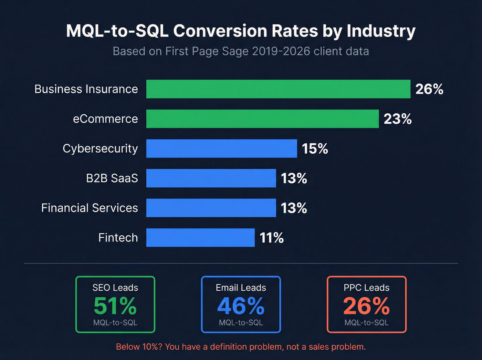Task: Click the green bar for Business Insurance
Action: click(x=278, y=89)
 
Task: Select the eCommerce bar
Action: click(x=262, y=119)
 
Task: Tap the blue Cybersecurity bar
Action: click(x=221, y=148)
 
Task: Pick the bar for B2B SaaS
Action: click(x=211, y=178)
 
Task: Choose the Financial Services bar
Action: click(x=211, y=208)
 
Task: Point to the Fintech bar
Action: click(x=200, y=238)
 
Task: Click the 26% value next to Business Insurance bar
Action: click(x=429, y=89)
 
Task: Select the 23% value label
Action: click(x=397, y=119)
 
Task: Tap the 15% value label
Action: click(x=315, y=149)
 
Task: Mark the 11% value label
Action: click(x=271, y=238)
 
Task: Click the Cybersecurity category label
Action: click(x=100, y=148)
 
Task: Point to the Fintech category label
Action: click(x=118, y=238)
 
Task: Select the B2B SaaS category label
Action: click(x=112, y=178)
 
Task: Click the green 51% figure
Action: click(x=115, y=306)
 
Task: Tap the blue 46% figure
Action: click(x=241, y=306)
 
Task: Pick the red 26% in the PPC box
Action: click(x=366, y=306)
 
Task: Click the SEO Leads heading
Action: click(x=115, y=288)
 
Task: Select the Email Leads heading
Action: click(x=241, y=288)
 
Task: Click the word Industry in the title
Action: click(x=381, y=31)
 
